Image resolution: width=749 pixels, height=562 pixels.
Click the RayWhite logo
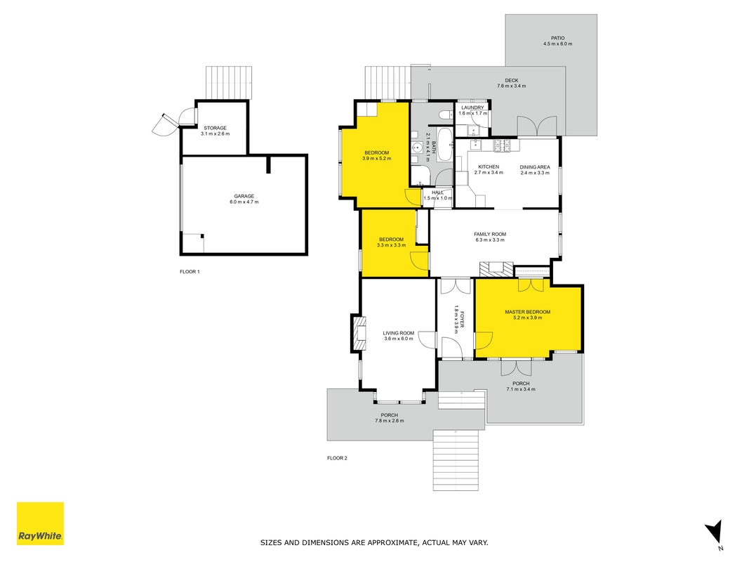point(40,523)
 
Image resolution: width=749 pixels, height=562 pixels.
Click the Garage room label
point(244,196)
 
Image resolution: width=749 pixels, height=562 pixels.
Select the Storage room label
point(215,128)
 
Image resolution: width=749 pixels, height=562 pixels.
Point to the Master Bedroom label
point(527,312)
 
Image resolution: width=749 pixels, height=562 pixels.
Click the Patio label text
point(557,38)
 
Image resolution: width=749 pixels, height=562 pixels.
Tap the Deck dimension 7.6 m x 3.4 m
point(511,86)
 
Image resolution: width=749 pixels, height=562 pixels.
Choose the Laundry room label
point(472,107)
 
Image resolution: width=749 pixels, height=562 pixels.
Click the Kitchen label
point(488,166)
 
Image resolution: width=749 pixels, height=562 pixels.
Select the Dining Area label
point(534,167)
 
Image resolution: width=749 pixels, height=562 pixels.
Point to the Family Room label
point(489,234)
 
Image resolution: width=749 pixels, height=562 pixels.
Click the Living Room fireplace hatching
point(359,333)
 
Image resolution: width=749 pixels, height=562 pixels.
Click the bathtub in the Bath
point(445,144)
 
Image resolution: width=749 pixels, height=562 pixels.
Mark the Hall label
point(437,192)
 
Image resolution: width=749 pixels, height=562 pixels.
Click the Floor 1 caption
point(190,272)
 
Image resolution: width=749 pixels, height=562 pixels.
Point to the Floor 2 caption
point(337,458)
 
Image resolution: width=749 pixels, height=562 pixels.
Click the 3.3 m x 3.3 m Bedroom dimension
point(391,245)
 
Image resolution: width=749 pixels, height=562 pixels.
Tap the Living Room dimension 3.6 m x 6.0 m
point(399,339)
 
